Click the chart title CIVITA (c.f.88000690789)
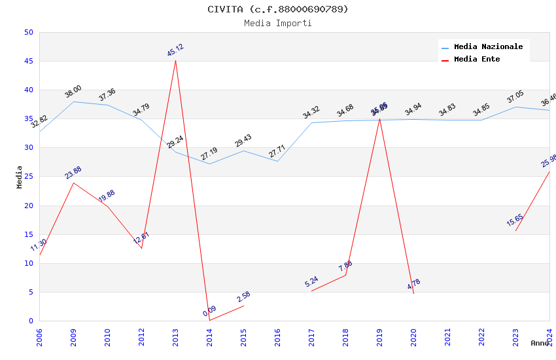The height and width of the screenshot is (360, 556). (x=278, y=9)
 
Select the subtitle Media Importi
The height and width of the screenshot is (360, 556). (x=278, y=23)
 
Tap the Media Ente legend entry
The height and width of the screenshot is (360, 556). (x=477, y=60)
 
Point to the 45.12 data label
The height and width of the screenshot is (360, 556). (x=175, y=50)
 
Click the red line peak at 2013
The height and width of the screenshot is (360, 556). (x=175, y=60)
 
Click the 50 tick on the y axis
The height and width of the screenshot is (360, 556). (x=28, y=32)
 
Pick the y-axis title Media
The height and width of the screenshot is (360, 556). (x=20, y=177)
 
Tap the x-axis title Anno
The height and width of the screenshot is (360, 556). (x=540, y=343)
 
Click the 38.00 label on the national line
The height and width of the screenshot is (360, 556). (x=73, y=92)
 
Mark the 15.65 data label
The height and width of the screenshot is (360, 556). (x=515, y=220)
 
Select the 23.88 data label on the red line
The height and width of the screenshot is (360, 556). (x=73, y=172)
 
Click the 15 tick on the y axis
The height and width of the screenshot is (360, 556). (x=28, y=234)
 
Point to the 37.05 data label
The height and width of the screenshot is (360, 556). (x=515, y=98)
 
